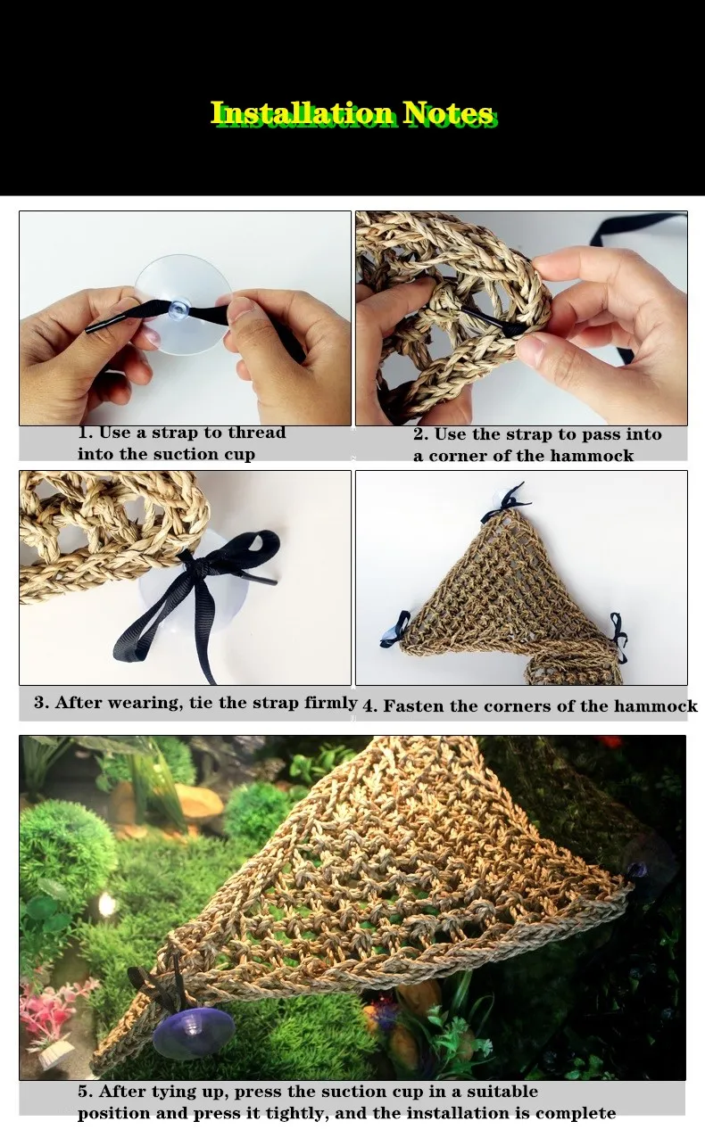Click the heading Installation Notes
[353, 114]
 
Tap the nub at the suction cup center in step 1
[178, 309]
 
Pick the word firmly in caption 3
[330, 702]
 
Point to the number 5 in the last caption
[82, 1092]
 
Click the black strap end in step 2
[515, 331]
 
